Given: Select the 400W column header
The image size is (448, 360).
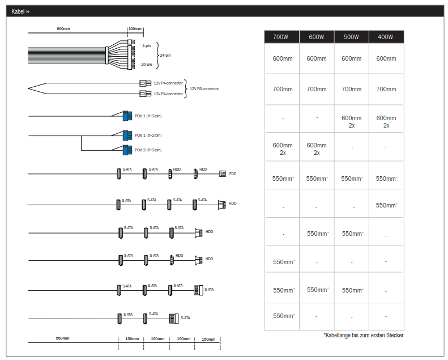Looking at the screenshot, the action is pos(386,37).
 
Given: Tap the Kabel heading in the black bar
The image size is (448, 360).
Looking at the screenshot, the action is pos(20,11).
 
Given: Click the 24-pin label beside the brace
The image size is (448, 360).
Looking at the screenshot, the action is pos(165,56).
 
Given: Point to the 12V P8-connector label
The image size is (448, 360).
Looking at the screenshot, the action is pos(204,88).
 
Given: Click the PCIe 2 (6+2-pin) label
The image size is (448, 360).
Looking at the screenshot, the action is pos(148,150).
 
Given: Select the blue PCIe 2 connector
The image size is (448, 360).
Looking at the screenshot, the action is pos(127,150).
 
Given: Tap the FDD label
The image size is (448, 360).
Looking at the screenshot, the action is pos(233,174).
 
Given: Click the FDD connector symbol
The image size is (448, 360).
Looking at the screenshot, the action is pos(222,173).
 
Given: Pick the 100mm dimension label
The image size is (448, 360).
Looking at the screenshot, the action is pos(135,28).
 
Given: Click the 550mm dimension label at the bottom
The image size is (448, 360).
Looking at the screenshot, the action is pos(62,338).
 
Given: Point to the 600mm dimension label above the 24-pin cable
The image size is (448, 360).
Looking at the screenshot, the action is pos(63,28).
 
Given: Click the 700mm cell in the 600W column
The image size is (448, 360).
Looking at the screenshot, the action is pos(317,89).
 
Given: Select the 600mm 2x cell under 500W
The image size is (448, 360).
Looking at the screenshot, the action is pos(351,121).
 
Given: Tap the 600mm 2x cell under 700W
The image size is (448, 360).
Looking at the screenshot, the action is pos(283,149).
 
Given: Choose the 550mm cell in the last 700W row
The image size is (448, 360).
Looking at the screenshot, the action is pos(284,316).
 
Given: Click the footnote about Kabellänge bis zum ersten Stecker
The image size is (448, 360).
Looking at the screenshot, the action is pos(364,335).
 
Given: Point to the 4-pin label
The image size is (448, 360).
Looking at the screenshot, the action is pos(147,46).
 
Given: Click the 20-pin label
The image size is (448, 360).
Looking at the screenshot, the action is pos(147,65).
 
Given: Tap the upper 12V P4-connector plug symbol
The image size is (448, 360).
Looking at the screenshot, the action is pos(145,83).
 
